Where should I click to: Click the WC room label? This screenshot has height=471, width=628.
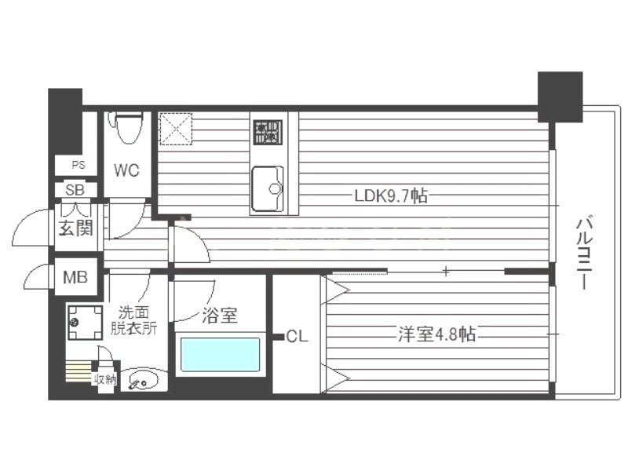coord(126,170)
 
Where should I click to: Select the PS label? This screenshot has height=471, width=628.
coord(78,165)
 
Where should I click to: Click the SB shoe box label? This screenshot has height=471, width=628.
coord(75,189)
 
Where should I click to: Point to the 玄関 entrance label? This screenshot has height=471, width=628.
coord(75,228)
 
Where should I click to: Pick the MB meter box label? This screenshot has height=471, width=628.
coord(75,277)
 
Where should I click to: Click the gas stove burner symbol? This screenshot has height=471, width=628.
coord(268,133)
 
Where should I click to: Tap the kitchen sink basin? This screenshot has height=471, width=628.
coord(268,188)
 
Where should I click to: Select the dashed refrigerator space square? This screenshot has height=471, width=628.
coord(176,129)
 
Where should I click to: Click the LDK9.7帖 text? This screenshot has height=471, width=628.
coord(391,195)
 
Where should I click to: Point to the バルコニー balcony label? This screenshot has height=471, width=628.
coord(584,253)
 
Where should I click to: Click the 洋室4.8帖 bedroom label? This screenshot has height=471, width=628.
coord(436,334)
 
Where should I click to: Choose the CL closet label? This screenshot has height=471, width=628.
coord(297,337)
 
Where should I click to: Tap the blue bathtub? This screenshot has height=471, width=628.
coord(220,355)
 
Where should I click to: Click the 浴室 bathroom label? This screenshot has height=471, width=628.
coord(220,316)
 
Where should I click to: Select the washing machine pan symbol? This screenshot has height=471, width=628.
coord(85,323)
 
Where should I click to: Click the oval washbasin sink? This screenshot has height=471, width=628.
coord(144,380)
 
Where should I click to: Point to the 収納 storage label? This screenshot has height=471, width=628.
coord(105,379)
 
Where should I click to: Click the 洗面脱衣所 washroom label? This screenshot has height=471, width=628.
coord(133,320)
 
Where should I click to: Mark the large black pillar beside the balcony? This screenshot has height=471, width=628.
coord(560,97)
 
